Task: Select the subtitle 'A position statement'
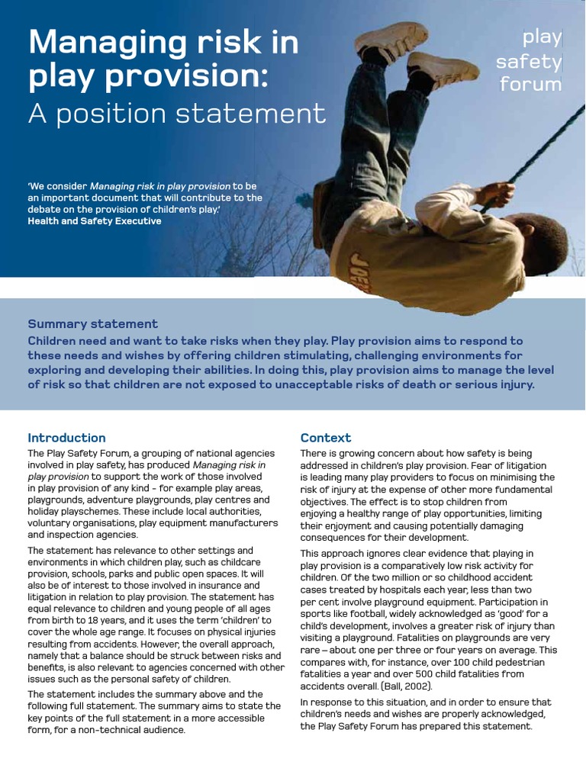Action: (x=177, y=114)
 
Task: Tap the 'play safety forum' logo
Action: (x=530, y=60)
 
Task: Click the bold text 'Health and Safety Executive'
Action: (x=95, y=221)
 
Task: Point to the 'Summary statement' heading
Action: (x=93, y=324)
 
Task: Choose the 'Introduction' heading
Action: (x=66, y=438)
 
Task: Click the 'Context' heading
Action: (x=326, y=438)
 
